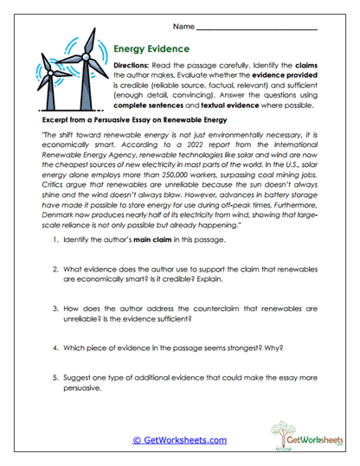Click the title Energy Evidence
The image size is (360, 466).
(x=158, y=49)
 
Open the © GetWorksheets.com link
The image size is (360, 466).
(x=179, y=439)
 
